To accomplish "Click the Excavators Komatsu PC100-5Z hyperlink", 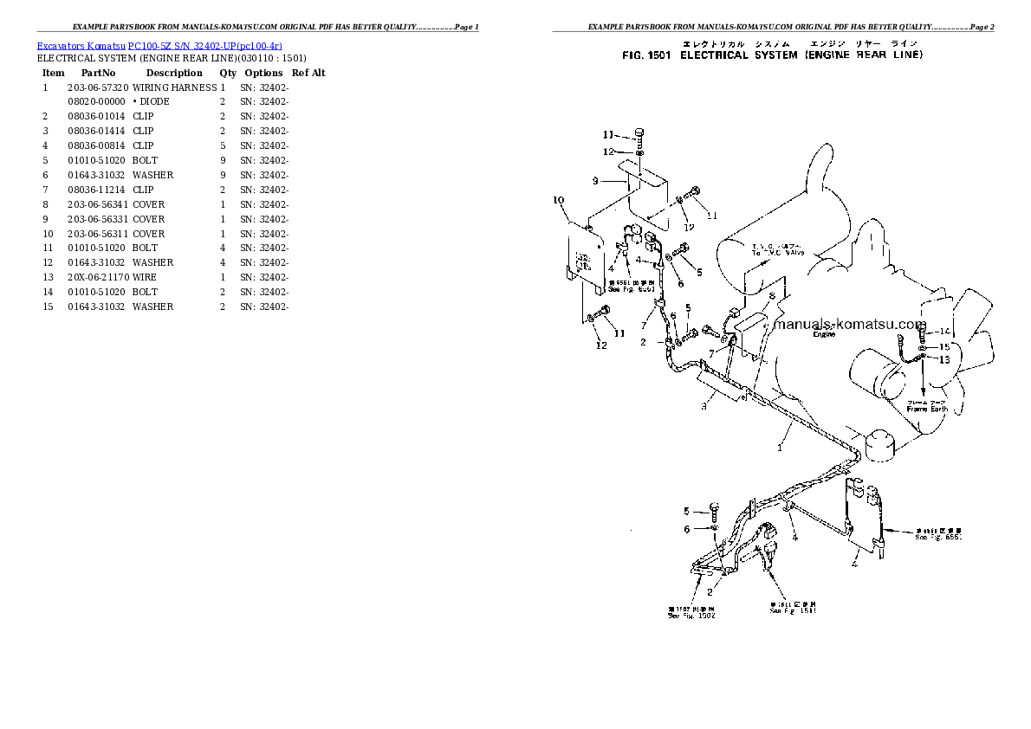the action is coord(159,45).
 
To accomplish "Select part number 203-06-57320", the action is coord(98,87).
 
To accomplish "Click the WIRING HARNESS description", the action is coord(174,87).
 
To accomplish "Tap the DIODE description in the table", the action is coord(153,102).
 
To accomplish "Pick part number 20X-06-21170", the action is coord(98,277).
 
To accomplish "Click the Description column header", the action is coord(173,74).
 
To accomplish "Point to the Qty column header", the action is coord(228,74).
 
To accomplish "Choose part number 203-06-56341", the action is coord(98,204).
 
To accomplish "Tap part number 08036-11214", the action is coord(98,190).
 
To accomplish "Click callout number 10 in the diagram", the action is coord(558,200).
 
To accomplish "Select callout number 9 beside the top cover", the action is coord(596,181).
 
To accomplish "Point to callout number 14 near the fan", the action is coord(944,331).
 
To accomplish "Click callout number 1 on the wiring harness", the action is coord(779,448).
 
